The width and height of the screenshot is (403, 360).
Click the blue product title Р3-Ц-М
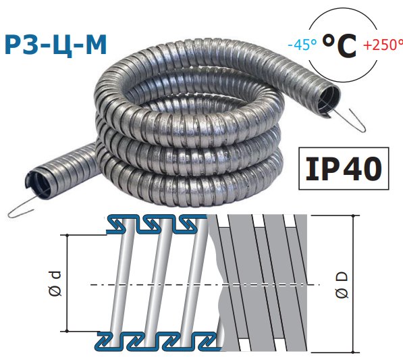55,45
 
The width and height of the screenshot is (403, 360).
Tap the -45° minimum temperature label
302,45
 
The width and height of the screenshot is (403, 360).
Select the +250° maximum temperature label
383,45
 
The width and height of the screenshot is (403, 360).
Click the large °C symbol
340,45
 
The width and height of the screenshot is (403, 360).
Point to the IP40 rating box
344,169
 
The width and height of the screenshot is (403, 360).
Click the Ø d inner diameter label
55,283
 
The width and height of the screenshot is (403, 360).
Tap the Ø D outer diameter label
342,285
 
